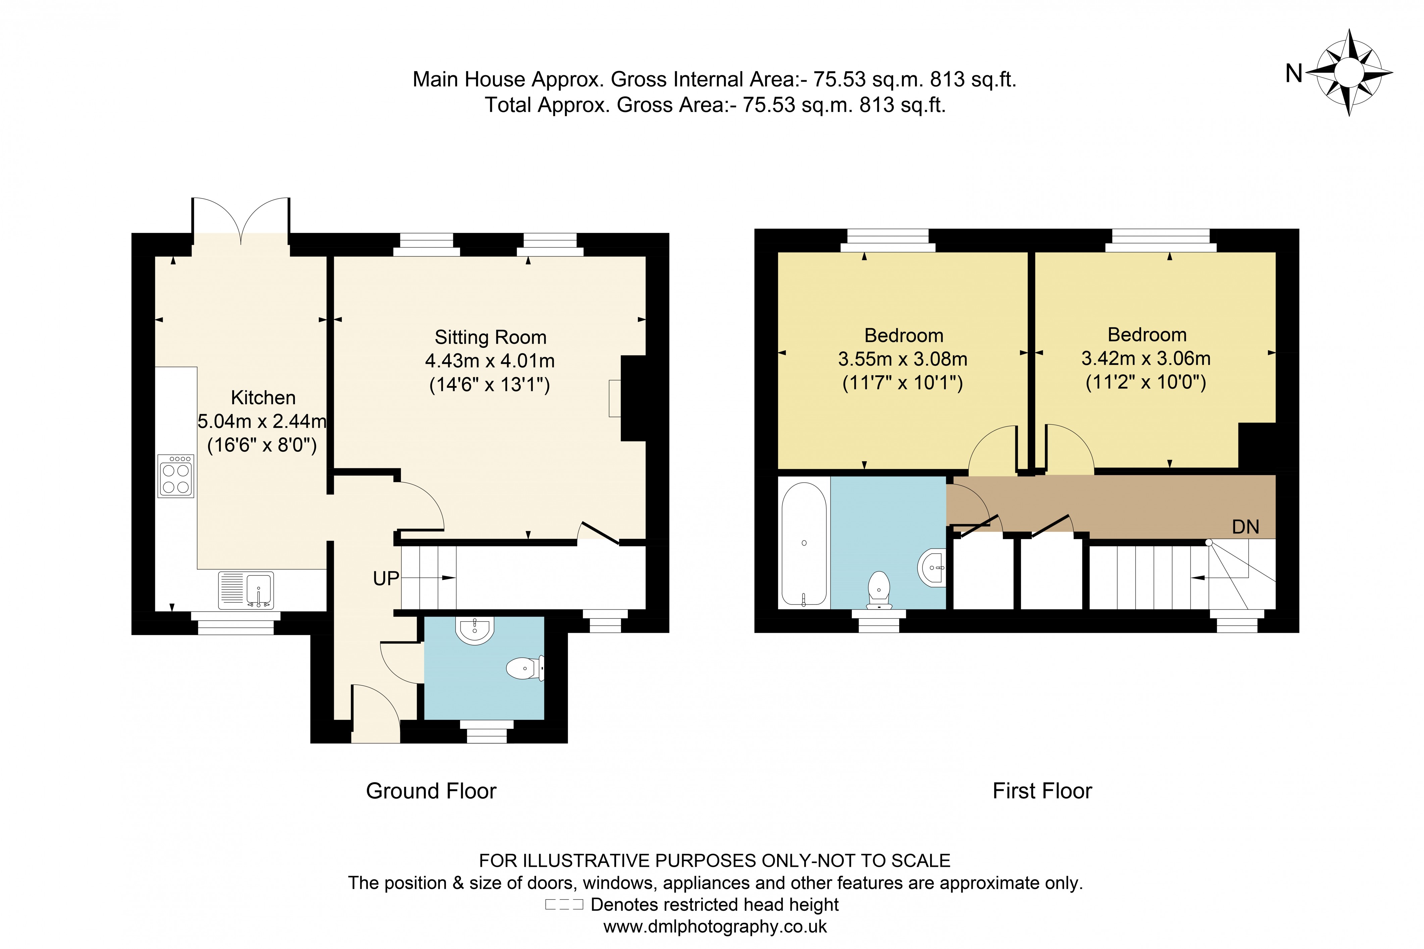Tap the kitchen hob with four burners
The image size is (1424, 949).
[175, 476]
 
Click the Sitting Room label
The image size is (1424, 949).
[490, 337]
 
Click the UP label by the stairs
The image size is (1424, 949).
[385, 579]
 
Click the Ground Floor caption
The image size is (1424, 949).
[431, 791]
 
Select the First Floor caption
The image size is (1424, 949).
[1042, 791]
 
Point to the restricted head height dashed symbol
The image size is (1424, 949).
[564, 905]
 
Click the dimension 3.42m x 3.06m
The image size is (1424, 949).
[1146, 358]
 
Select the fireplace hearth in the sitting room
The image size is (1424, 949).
[615, 398]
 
